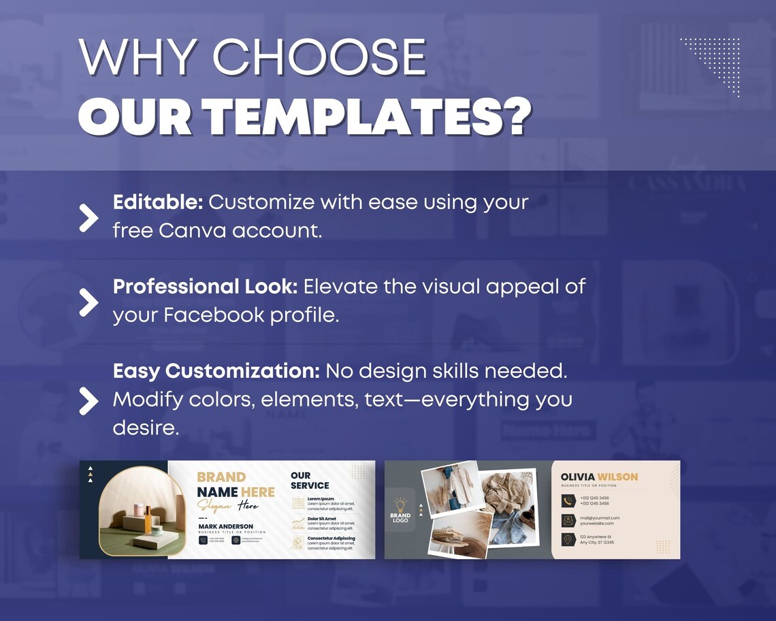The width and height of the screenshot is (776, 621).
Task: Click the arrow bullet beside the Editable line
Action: pyautogui.click(x=88, y=217)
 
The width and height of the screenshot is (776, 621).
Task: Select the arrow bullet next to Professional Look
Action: pyautogui.click(x=88, y=302)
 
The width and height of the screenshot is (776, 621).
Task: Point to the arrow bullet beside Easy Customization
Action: pyautogui.click(x=88, y=400)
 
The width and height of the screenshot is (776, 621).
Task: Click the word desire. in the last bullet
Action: pyautogui.click(x=145, y=428)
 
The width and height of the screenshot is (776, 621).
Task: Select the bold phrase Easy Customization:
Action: pyautogui.click(x=216, y=371)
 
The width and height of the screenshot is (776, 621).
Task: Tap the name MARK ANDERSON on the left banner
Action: pyautogui.click(x=225, y=526)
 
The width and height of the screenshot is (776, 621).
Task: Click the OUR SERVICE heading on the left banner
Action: pyautogui.click(x=309, y=481)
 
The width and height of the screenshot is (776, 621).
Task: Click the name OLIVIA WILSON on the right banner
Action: pyautogui.click(x=599, y=477)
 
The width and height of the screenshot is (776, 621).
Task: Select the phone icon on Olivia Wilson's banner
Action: pyautogui.click(x=568, y=500)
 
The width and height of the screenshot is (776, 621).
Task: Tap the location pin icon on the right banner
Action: pyautogui.click(x=568, y=539)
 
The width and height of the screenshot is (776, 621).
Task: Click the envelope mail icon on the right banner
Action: pyautogui.click(x=568, y=520)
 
